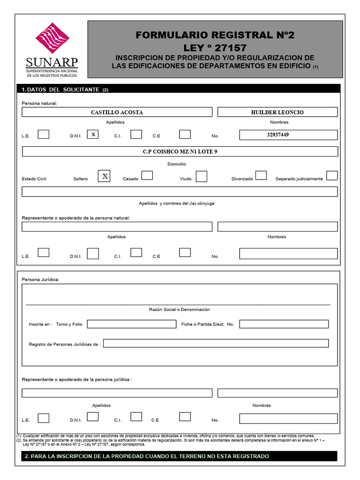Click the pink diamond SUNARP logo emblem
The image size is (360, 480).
click(x=52, y=38)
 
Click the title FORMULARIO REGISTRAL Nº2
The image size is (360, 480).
click(x=215, y=35)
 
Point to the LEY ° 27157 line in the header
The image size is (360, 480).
click(x=215, y=48)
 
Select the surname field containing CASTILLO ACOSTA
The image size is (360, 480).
click(x=117, y=112)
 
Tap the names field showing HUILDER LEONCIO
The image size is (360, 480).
click(x=277, y=112)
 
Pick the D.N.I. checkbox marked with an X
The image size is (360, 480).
click(x=93, y=135)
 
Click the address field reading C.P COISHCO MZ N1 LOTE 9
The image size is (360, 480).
click(x=180, y=151)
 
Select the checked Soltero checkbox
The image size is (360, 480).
click(x=105, y=176)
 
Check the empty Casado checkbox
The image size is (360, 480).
click(x=147, y=175)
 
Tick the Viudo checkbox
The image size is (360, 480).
click(x=202, y=176)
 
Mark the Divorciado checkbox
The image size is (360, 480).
click(x=261, y=175)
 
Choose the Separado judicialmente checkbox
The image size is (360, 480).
click(x=332, y=175)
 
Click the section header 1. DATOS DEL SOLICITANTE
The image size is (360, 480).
click(x=65, y=90)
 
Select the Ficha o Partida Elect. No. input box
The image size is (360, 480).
click(x=284, y=324)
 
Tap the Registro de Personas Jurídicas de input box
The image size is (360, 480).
click(x=216, y=343)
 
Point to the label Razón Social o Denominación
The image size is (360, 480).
click(x=180, y=309)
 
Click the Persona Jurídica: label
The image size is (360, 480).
click(x=41, y=279)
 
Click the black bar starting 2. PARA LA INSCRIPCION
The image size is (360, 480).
click(x=179, y=456)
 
